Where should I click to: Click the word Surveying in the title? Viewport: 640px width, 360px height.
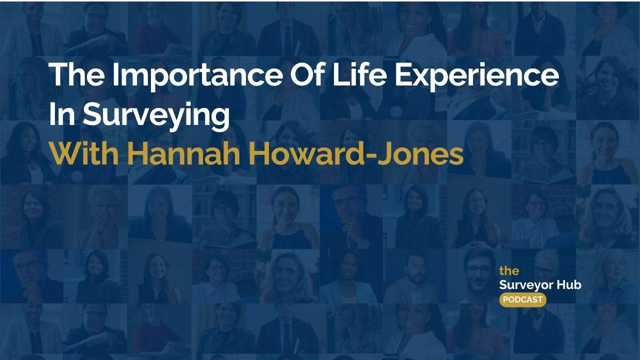pyautogui.click(x=155, y=115)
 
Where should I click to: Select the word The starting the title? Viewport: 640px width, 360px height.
pyautogui.click(x=76, y=75)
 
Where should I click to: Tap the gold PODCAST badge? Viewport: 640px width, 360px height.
pyautogui.click(x=522, y=299)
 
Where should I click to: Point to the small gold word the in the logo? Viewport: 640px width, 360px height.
pyautogui.click(x=509, y=271)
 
